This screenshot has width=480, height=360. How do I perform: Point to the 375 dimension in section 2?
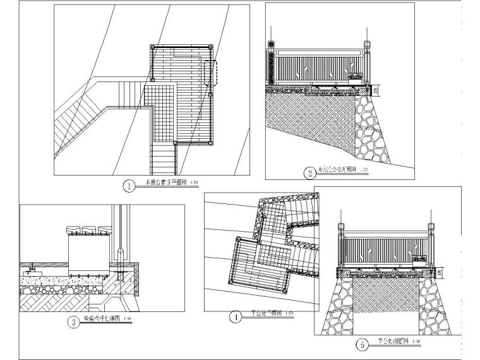pyautogui.click(x=377, y=90)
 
